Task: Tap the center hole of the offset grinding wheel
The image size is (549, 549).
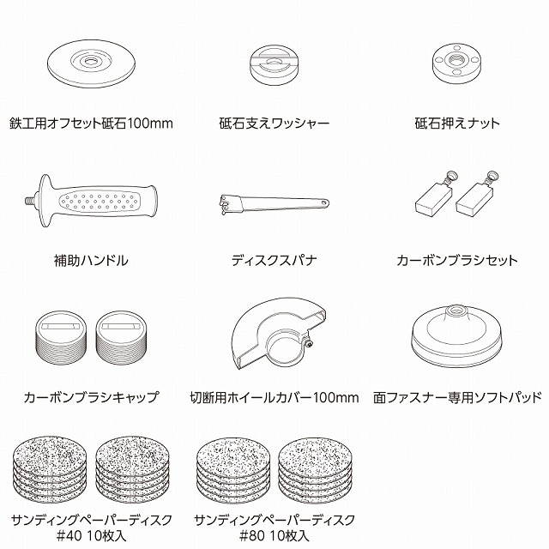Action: point(91,62)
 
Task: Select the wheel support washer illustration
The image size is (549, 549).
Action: point(274,66)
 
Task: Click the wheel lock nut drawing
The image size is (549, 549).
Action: point(456,64)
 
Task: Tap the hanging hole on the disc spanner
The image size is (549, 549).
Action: point(324,202)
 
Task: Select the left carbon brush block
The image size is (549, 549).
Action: point(433,198)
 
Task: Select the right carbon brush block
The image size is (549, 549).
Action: point(474,198)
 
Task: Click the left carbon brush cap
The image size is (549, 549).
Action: point(61,338)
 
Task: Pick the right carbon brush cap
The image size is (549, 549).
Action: point(121,338)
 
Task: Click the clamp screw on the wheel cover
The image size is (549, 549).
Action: point(309,345)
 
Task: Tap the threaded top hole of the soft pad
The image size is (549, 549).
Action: point(455,310)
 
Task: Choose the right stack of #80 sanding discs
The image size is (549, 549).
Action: point(316,470)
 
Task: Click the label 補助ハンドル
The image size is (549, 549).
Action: point(91,261)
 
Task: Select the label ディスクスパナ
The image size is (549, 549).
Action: point(274,261)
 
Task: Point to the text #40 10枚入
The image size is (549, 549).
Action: point(92,535)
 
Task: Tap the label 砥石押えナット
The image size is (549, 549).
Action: point(457,124)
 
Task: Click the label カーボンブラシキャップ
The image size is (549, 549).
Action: point(92,397)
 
